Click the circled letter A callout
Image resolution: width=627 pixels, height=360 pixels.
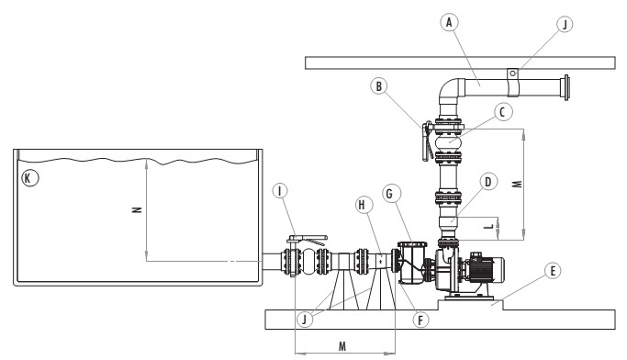(x=449, y=22)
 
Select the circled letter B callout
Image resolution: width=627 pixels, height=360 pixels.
(x=379, y=86)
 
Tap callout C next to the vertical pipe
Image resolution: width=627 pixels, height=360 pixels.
(x=503, y=112)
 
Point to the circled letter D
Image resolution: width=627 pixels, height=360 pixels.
(x=487, y=182)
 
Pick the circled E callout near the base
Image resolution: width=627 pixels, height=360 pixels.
(x=553, y=271)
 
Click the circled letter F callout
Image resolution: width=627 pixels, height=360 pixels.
(x=420, y=320)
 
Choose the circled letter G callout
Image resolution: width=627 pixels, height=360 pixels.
(x=390, y=194)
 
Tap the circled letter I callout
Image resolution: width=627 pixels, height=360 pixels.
(x=280, y=191)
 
